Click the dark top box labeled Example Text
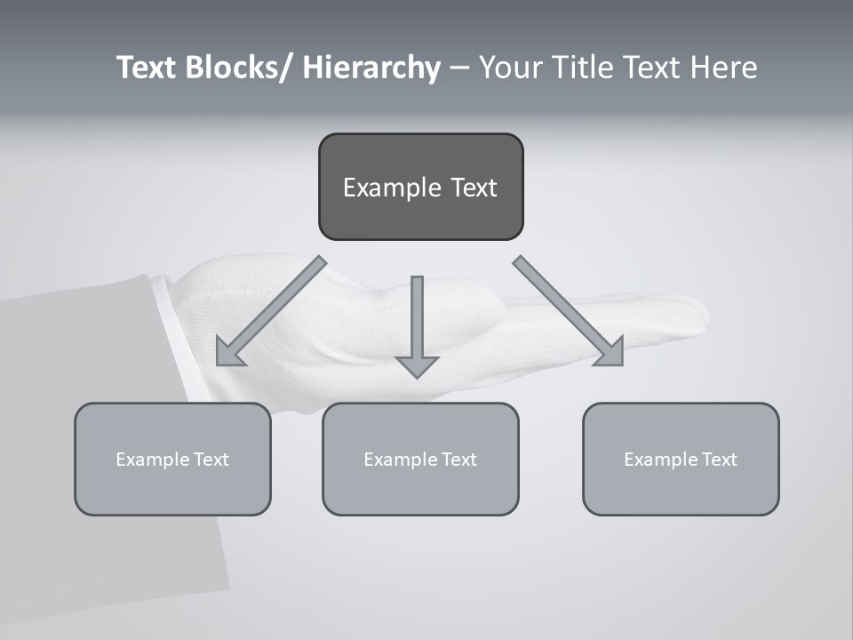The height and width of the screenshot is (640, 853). point(420,187)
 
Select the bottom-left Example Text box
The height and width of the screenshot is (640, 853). point(172,459)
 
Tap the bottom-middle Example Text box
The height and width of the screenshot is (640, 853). point(420,459)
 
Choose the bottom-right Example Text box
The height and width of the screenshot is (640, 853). point(681,459)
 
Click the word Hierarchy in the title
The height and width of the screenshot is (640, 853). point(371,68)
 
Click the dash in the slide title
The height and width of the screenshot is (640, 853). point(458,68)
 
